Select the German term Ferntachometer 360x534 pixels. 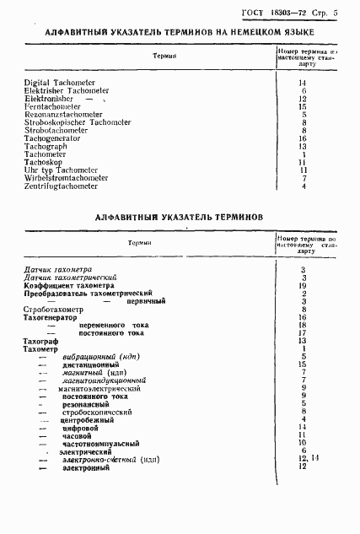point(53,107)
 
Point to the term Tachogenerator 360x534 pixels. point(55,138)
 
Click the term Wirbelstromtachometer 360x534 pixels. point(67,178)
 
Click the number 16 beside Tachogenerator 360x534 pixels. point(302,138)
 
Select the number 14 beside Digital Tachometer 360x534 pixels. point(302,83)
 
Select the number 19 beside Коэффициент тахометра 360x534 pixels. point(302,285)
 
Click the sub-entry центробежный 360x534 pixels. point(87,418)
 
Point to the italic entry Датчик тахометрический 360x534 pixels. point(71,278)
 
